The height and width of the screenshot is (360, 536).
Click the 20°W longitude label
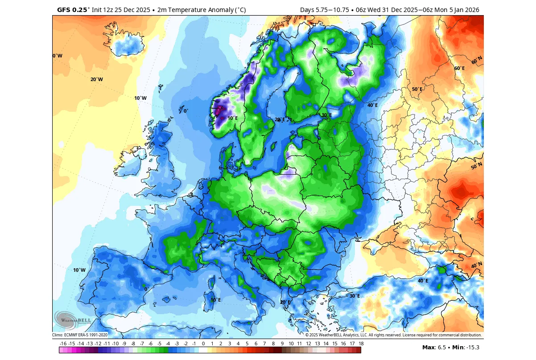[x=96, y=79]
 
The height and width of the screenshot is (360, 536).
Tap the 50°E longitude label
[x=417, y=89]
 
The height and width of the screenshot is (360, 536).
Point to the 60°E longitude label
[x=459, y=68]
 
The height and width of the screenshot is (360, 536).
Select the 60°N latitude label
[x=477, y=60]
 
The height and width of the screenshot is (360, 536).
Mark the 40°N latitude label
[x=477, y=266]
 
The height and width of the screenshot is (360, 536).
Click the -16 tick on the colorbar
[x=63, y=344]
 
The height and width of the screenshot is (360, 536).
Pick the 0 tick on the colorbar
[x=203, y=344]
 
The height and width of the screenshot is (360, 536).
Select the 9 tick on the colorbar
[x=282, y=344]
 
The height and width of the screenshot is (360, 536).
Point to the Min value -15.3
[x=468, y=347]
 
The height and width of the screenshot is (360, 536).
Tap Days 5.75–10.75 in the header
[x=324, y=9]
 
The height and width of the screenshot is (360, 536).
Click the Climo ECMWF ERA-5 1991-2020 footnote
[x=80, y=335]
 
